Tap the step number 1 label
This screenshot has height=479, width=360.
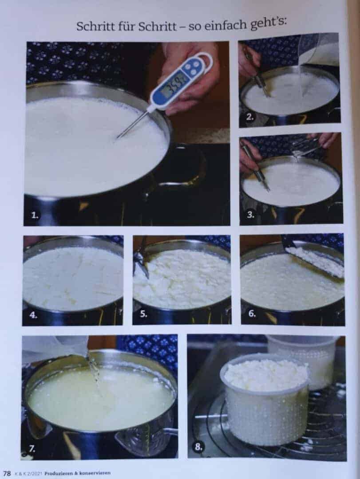coord(35,216)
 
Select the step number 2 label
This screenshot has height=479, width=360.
coord(250,117)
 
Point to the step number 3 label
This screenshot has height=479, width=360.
coord(251,215)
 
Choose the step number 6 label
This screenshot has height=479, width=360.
coord(252,314)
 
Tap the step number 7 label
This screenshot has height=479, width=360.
coord(32,448)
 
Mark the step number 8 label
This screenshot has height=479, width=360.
coord(198,447)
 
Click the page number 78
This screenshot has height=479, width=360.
coord(7,474)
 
